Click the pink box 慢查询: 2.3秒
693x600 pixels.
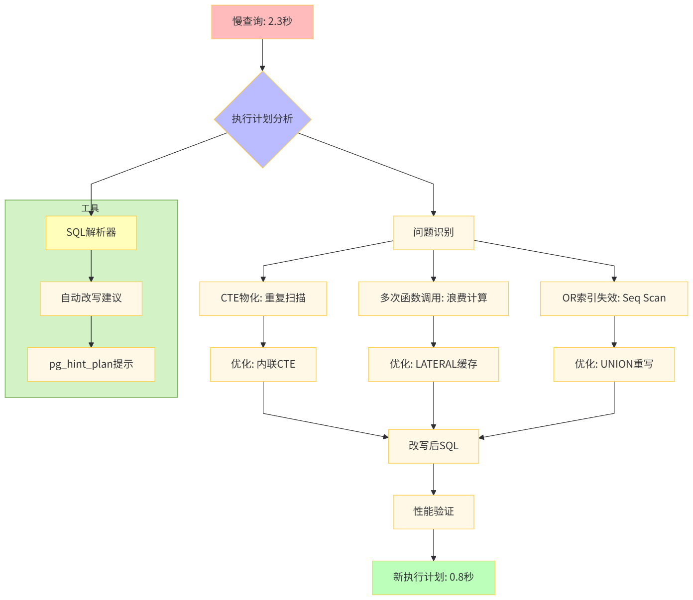(262, 22)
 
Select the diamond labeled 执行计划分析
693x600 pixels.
(262, 119)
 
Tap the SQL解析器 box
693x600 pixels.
(91, 233)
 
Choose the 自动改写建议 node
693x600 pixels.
(91, 299)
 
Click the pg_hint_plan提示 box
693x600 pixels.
(91, 364)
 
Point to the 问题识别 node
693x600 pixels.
(433, 233)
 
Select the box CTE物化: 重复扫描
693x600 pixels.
(263, 299)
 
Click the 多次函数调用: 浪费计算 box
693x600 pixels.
(433, 299)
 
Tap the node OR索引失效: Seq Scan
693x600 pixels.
(614, 299)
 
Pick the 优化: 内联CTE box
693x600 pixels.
(263, 364)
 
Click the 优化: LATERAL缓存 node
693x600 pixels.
(433, 364)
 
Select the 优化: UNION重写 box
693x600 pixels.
(614, 364)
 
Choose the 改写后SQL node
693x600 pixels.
(433, 446)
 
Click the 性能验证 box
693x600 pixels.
(433, 511)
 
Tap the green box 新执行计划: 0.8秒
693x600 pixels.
(433, 577)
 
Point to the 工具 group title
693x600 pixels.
(90, 208)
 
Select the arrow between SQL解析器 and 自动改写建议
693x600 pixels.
(91, 266)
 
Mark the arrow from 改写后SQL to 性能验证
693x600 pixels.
(433, 479)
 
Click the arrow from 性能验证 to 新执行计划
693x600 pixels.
(433, 544)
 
